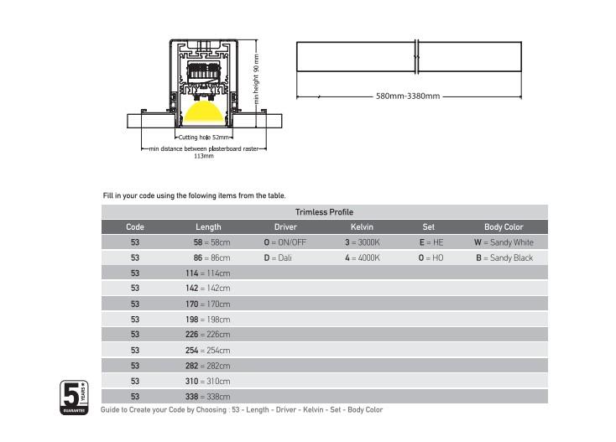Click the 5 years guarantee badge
point(74,398)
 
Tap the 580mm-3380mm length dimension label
point(408,96)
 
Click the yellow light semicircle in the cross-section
point(203,111)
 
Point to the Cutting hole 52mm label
point(203,138)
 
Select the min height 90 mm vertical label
point(256,79)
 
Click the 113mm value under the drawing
point(204,156)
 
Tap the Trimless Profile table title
point(324,212)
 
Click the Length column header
point(208,227)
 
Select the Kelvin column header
point(362,227)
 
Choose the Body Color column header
point(504,227)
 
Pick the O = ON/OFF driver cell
point(285,242)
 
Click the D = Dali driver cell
point(278,257)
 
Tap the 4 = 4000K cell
point(363,257)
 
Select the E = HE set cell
point(431,242)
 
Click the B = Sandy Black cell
point(504,257)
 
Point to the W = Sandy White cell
point(504,242)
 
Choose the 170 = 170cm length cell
point(208,304)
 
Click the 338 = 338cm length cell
point(208,397)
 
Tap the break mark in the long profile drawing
point(417,57)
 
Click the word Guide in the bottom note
point(110,410)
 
